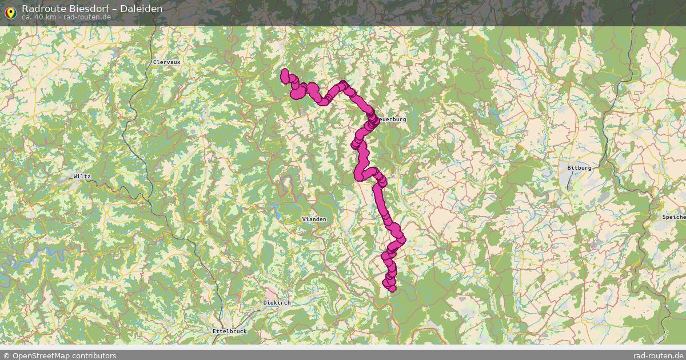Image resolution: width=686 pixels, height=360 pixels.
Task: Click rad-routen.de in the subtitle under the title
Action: point(87,17)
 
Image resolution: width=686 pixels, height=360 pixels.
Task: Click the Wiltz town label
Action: point(82,177)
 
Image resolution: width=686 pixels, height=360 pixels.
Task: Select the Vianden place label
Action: point(314,219)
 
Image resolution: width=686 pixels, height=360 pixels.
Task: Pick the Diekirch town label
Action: point(277,302)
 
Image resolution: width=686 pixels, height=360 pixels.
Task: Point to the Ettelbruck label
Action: point(229,331)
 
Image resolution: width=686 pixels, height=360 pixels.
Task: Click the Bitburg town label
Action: point(579,168)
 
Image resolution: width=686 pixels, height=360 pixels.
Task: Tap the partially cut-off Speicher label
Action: point(673,217)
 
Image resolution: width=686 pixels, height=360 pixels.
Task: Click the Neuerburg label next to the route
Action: point(391,119)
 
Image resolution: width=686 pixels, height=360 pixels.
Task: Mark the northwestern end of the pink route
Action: point(285,73)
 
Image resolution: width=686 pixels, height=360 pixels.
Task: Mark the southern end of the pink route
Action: point(392,288)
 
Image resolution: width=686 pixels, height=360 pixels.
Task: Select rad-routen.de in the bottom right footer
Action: point(659,355)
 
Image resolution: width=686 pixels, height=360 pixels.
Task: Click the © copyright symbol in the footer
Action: point(6,355)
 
